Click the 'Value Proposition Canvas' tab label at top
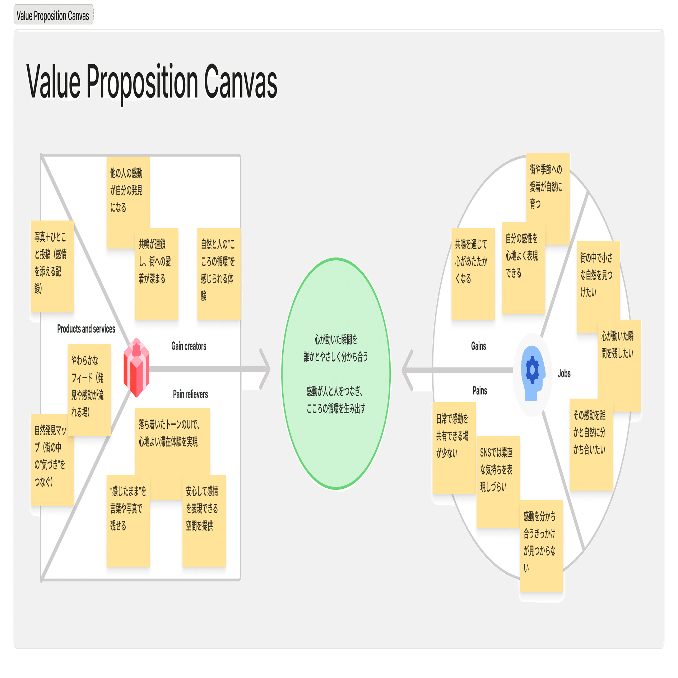[53, 15]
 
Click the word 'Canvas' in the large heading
[240, 82]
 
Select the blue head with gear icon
[533, 373]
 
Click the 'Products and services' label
[86, 329]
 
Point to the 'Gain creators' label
[189, 346]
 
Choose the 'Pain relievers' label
[190, 394]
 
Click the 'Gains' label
[478, 346]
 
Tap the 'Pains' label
[480, 391]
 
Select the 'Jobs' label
[564, 373]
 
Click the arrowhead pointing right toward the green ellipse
[266, 369]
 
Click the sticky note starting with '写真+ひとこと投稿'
[52, 266]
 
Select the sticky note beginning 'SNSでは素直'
[498, 481]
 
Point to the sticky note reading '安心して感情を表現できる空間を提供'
[204, 521]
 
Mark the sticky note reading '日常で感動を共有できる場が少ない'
[454, 447]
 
